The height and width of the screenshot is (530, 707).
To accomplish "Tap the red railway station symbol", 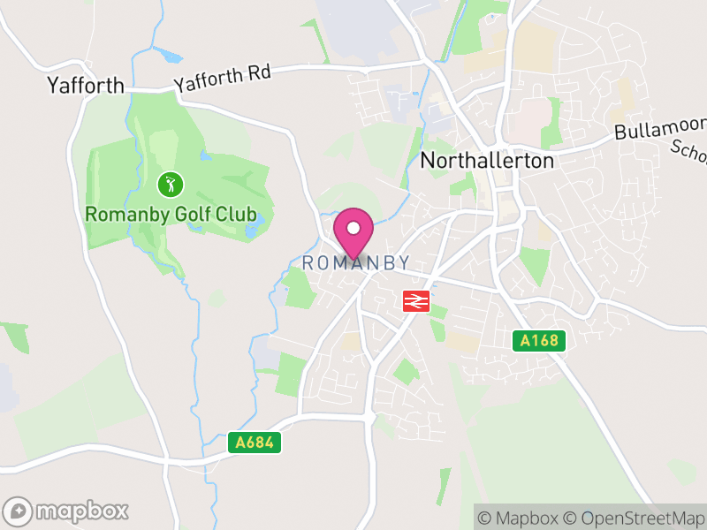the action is pyautogui.click(x=416, y=301).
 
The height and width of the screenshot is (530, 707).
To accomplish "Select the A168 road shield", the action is pyautogui.click(x=539, y=340).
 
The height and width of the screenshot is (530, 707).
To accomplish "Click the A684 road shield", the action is pyautogui.click(x=255, y=443).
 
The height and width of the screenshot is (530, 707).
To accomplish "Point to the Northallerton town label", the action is pyautogui.click(x=487, y=161).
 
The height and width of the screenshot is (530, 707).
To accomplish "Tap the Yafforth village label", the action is pyautogui.click(x=84, y=86).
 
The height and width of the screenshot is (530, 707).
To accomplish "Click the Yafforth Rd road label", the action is pyautogui.click(x=222, y=79).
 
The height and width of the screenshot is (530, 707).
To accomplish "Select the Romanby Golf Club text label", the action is pyautogui.click(x=171, y=214).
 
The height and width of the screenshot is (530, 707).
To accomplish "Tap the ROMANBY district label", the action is pyautogui.click(x=355, y=263).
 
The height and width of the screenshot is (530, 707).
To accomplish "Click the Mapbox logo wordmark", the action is pyautogui.click(x=81, y=511).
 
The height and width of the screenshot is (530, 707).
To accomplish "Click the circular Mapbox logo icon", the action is pyautogui.click(x=19, y=511).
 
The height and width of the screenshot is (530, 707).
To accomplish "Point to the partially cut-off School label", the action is pyautogui.click(x=688, y=152).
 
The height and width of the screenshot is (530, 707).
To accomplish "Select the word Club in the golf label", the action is pyautogui.click(x=236, y=214).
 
